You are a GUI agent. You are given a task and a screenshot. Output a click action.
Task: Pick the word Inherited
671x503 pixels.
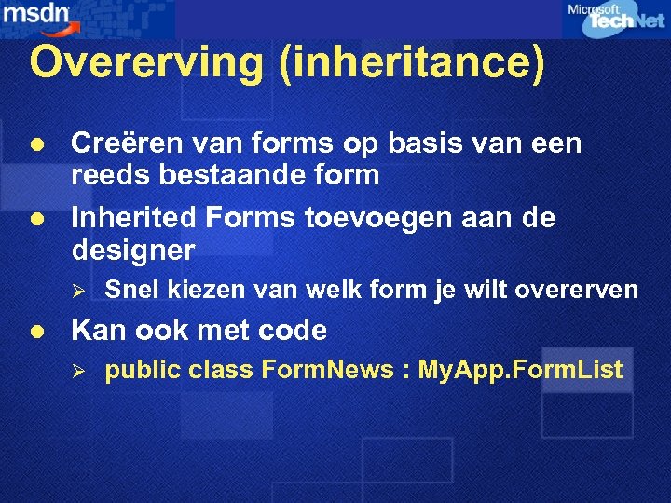tap(135, 219)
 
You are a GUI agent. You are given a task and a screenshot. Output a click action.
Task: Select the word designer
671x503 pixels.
tap(133, 251)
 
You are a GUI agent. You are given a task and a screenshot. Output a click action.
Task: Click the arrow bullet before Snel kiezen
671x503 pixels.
tap(79, 292)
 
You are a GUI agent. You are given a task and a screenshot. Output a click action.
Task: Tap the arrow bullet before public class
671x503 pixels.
tap(79, 372)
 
